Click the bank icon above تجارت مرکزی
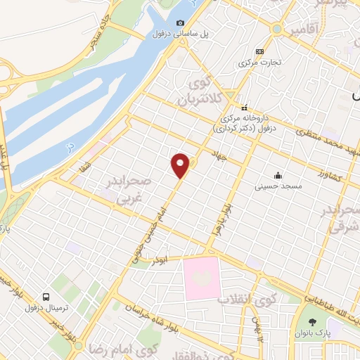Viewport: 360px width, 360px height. click(259, 51)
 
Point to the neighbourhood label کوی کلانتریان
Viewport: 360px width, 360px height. click(202, 89)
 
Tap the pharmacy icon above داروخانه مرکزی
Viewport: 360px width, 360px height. click(244, 108)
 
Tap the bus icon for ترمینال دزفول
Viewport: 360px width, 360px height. click(46, 297)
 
